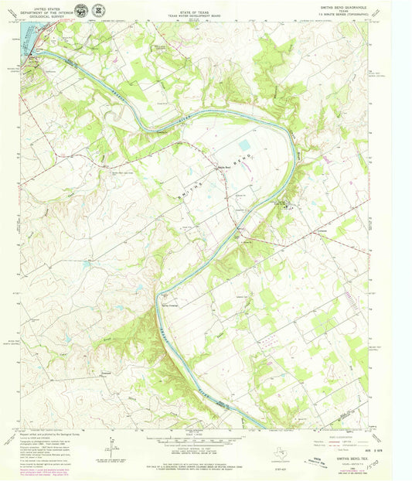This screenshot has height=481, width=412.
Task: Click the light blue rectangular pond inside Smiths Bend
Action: (245, 145)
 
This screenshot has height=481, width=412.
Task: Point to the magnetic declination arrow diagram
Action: (114, 446)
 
